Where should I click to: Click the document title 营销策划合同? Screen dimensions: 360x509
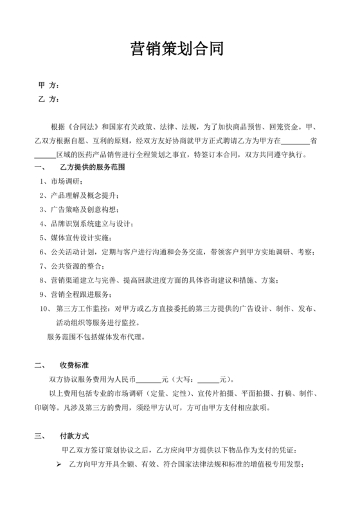coord(177,49)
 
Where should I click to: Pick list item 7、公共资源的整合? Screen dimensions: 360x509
coord(71,266)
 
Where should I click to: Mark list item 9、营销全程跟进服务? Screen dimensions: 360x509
coord(75,294)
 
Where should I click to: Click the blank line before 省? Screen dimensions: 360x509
coord(296,140)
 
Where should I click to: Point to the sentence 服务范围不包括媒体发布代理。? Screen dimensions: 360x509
coord(96,336)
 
